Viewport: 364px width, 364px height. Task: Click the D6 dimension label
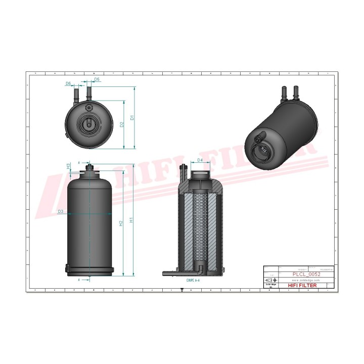[x=68, y=83]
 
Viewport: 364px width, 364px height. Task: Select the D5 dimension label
[x=97, y=80]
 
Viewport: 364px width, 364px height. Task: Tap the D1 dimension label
[x=132, y=118]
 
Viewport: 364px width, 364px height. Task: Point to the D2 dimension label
[x=122, y=124]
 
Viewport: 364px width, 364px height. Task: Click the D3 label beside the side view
[x=61, y=211]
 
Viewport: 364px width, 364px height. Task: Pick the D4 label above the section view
[x=200, y=160]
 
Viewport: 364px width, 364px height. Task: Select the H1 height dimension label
[x=131, y=220]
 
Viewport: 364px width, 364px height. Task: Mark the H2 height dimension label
[x=120, y=223]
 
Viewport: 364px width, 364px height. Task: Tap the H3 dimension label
[x=68, y=166]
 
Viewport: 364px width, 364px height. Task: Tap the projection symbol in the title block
[x=269, y=280]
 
